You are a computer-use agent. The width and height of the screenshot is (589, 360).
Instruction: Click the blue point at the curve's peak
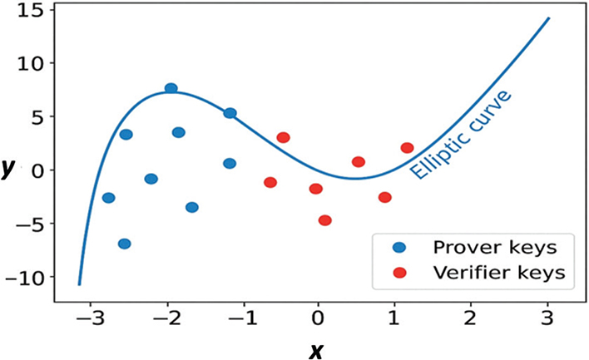171,88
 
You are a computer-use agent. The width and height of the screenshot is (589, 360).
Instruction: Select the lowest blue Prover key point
124,244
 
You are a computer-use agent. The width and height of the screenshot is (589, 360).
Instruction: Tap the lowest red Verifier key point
324,220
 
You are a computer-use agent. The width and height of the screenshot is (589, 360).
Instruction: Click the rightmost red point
407,148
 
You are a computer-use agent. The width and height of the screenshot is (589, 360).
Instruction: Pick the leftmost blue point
108,198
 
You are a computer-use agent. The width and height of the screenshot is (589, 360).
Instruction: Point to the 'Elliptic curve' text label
463,136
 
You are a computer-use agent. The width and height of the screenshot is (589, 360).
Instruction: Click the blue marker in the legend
400,247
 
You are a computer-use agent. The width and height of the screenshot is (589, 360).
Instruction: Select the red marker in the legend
400,272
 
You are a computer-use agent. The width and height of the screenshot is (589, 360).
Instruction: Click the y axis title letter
7,169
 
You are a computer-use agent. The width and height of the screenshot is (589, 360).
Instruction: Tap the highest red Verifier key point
283,137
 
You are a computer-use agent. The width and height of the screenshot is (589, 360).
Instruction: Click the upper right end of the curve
549,17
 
